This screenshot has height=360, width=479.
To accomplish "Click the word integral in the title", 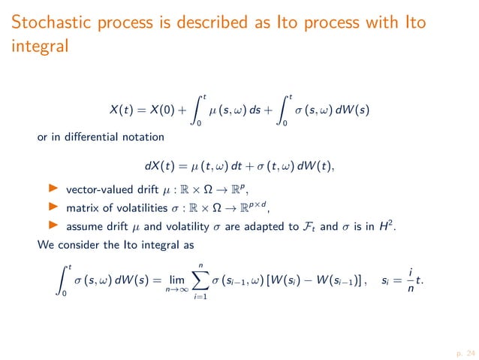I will point(39,47).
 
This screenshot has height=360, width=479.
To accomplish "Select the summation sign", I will point(221,281).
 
